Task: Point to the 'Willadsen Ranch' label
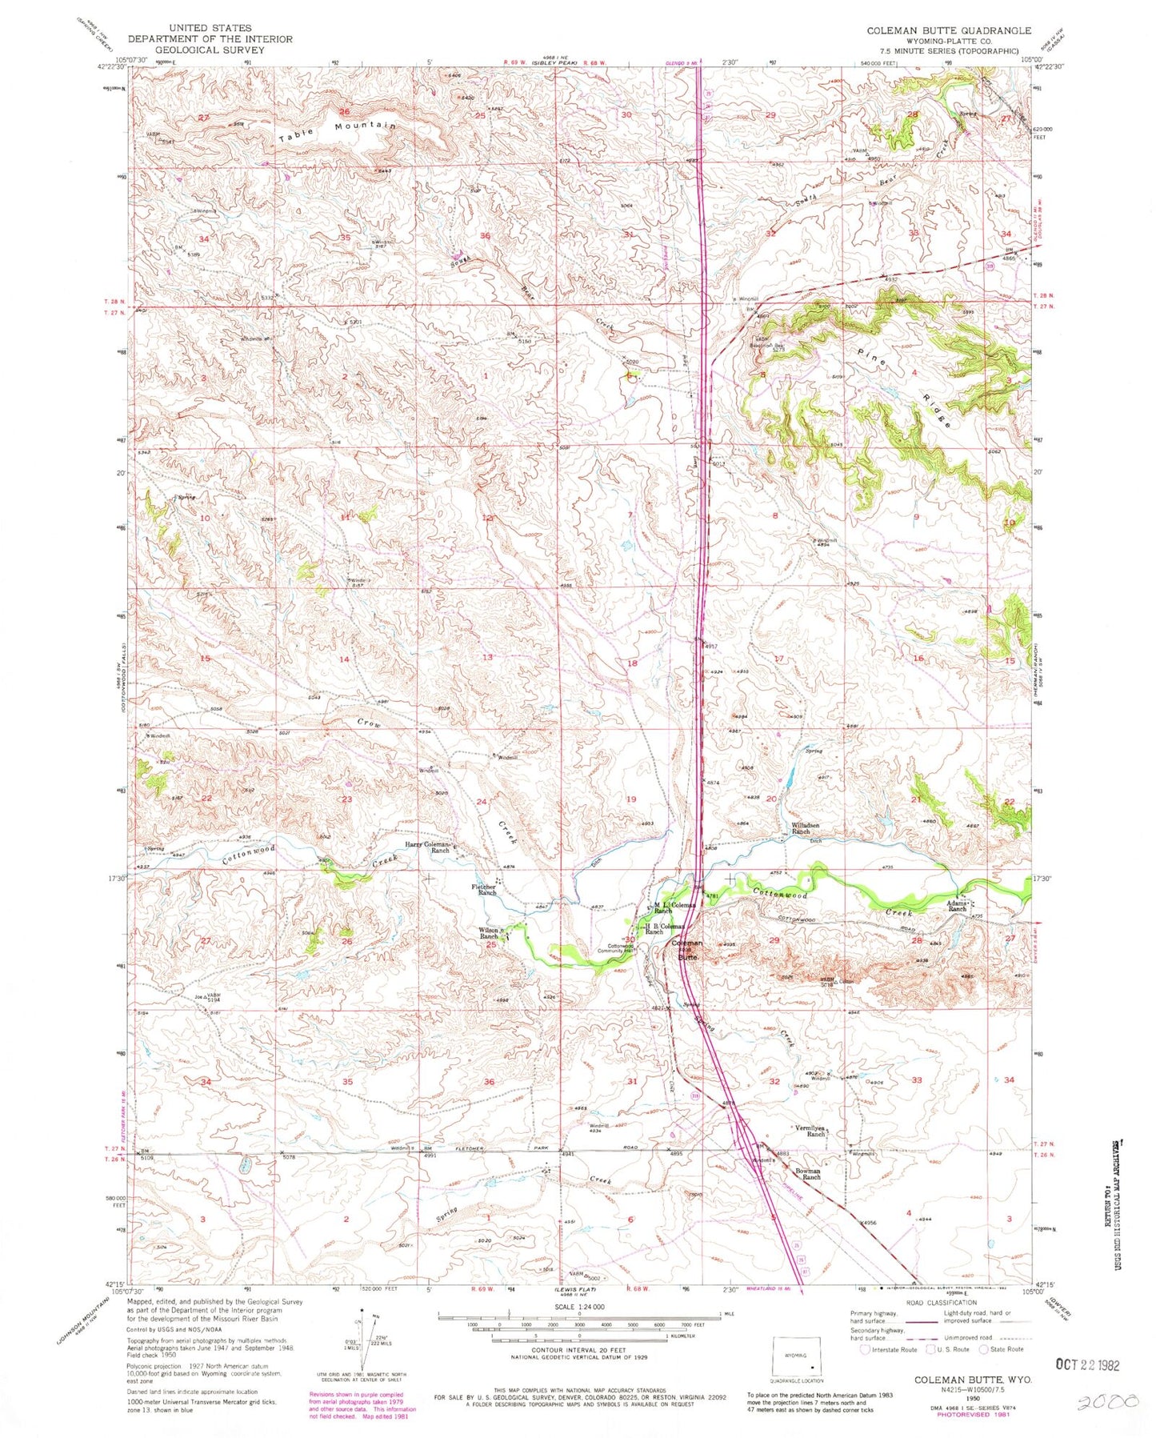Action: pos(801,828)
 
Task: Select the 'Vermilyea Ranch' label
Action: pos(810,1131)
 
